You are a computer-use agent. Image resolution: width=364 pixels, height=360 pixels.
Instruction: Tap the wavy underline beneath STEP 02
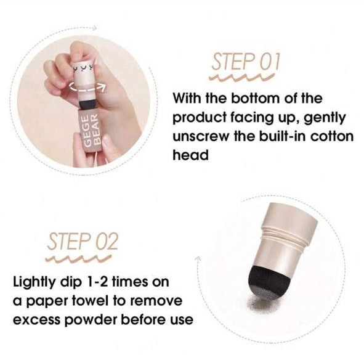coord(80,256)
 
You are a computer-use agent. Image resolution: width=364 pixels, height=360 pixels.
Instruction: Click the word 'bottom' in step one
coord(262,99)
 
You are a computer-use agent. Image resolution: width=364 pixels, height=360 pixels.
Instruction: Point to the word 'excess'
coord(35,321)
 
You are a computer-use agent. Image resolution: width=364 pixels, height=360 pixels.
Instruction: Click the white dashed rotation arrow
coord(86,87)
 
